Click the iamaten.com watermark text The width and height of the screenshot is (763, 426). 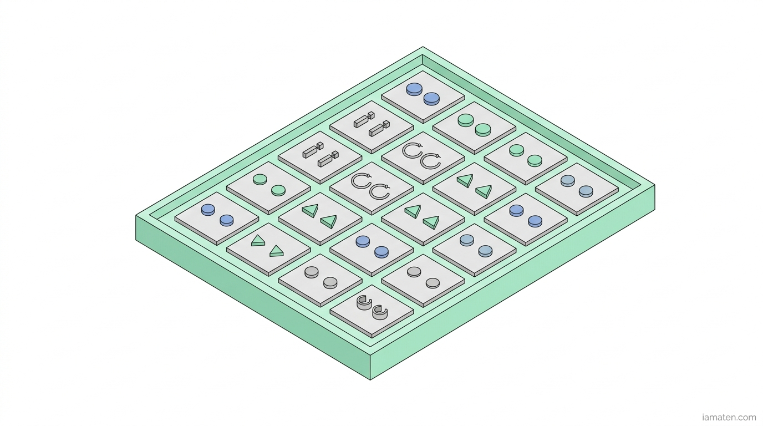(x=729, y=417)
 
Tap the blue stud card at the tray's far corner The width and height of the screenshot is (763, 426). (x=423, y=97)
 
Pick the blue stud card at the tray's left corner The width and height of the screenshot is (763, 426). (x=217, y=219)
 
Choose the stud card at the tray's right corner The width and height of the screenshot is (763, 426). (x=577, y=189)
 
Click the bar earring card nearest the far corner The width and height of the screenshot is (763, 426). (x=372, y=127)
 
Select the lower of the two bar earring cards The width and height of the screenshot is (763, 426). (x=320, y=158)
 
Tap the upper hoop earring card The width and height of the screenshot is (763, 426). (x=423, y=158)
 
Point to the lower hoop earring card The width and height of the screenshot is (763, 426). (x=372, y=189)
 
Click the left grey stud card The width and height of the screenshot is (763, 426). (x=320, y=280)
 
